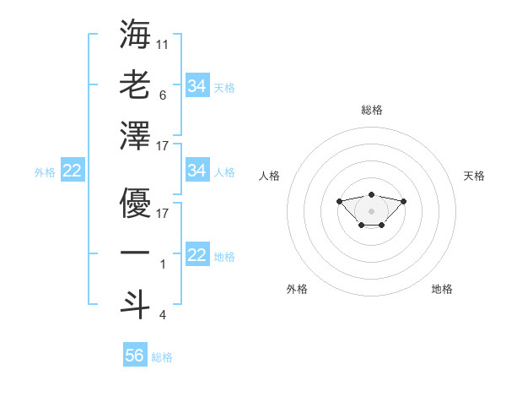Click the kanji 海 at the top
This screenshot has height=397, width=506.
[135, 35]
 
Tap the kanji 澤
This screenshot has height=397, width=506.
[135, 134]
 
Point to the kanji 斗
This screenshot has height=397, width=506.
[135, 301]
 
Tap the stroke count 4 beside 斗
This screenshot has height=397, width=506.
[163, 315]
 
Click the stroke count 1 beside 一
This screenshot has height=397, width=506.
[163, 264]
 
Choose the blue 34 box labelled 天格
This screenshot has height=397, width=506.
[196, 85]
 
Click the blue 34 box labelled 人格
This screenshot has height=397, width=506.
[196, 171]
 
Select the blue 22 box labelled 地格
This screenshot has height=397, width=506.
[196, 255]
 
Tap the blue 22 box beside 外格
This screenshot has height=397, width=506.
[72, 171]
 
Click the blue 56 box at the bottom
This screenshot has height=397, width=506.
[134, 356]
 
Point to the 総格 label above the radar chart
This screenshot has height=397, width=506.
[372, 110]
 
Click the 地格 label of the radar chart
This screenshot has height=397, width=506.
[442, 289]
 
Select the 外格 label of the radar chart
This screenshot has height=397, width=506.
[297, 289]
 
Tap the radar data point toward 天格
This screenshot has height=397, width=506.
[403, 201]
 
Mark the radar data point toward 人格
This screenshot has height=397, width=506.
[339, 201]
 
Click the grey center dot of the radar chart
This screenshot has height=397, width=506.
[371, 211]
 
